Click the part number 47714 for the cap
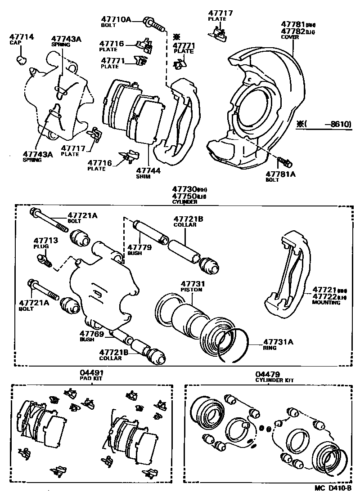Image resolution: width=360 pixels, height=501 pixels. [x=22, y=36]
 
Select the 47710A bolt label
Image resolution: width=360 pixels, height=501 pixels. [x=115, y=19]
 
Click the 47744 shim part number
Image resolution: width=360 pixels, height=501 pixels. [x=148, y=171]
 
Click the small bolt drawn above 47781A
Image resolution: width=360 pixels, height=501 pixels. [x=285, y=161]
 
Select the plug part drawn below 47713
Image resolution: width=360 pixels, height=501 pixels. [x=44, y=259]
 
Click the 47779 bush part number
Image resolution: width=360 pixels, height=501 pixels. [x=139, y=247]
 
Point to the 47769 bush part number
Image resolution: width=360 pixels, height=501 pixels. [x=92, y=334]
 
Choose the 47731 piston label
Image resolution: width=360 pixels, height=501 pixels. [x=193, y=284]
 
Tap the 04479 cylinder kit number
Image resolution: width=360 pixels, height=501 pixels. [x=268, y=374]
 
